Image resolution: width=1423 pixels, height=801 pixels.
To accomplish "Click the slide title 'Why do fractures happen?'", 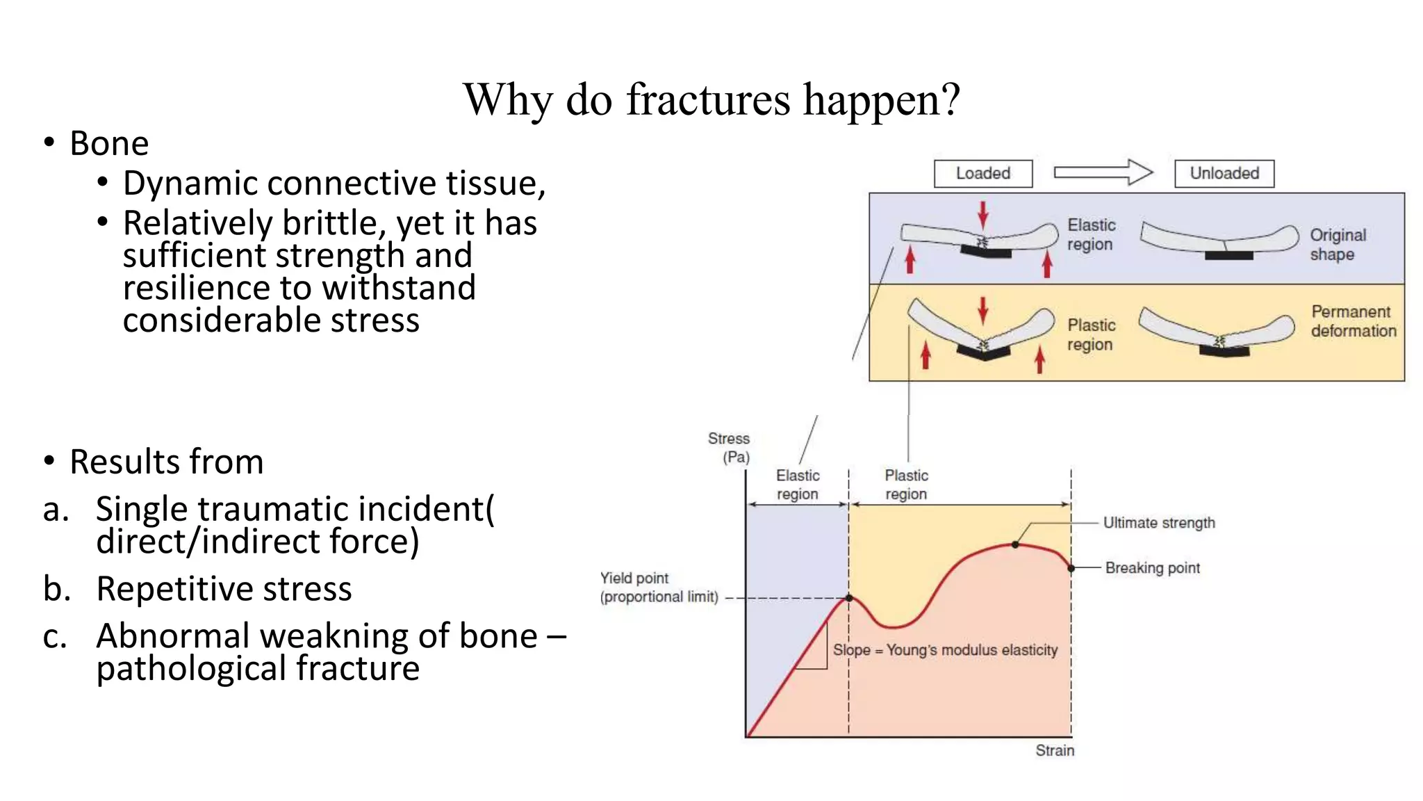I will pyautogui.click(x=711, y=99).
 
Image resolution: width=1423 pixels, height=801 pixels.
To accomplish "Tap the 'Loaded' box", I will pyautogui.click(x=982, y=173).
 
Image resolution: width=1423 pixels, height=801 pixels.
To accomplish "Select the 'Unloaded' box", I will pyautogui.click(x=1224, y=173).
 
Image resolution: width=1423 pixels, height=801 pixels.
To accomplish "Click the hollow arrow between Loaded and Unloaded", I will pyautogui.click(x=1103, y=172).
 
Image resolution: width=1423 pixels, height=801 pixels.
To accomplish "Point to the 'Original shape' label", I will pyautogui.click(x=1338, y=245).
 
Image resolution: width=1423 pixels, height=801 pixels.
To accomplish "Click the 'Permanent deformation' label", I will pyautogui.click(x=1353, y=321).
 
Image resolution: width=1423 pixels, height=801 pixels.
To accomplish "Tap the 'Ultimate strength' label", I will pyautogui.click(x=1159, y=523).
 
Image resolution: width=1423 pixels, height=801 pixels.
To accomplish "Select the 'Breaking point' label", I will pyautogui.click(x=1152, y=568).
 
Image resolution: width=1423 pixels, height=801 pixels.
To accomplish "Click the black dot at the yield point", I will pyautogui.click(x=849, y=598).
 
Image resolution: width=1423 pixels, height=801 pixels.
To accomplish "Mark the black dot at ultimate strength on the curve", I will pyautogui.click(x=1015, y=545).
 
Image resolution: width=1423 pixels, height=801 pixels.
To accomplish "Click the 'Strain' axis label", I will pyautogui.click(x=1054, y=751).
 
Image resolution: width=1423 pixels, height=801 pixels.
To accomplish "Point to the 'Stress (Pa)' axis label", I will pyautogui.click(x=730, y=448).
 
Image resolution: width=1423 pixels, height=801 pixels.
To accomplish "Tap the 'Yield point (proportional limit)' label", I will pyautogui.click(x=659, y=588).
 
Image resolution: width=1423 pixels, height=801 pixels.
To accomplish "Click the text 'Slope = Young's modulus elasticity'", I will pyautogui.click(x=945, y=650).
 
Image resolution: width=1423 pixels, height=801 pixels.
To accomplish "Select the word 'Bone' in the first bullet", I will pyautogui.click(x=109, y=144).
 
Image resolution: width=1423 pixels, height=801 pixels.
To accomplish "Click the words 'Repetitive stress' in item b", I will pyautogui.click(x=224, y=589).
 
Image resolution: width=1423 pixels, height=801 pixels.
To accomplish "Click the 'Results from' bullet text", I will pyautogui.click(x=167, y=462).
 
